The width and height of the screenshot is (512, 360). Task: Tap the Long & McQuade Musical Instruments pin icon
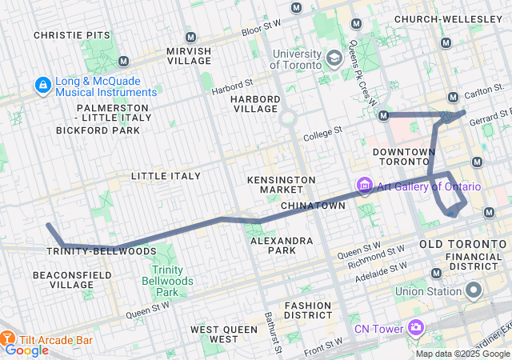(41, 84)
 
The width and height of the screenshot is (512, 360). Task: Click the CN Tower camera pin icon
(415, 326)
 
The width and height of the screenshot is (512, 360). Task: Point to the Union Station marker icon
(474, 290)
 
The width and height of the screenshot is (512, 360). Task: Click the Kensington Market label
(281, 184)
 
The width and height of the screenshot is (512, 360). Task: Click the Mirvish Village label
(189, 56)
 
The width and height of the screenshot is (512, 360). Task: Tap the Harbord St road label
(232, 85)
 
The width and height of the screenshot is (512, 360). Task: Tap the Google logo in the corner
(27, 350)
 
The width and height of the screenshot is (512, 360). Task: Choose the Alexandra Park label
(281, 246)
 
